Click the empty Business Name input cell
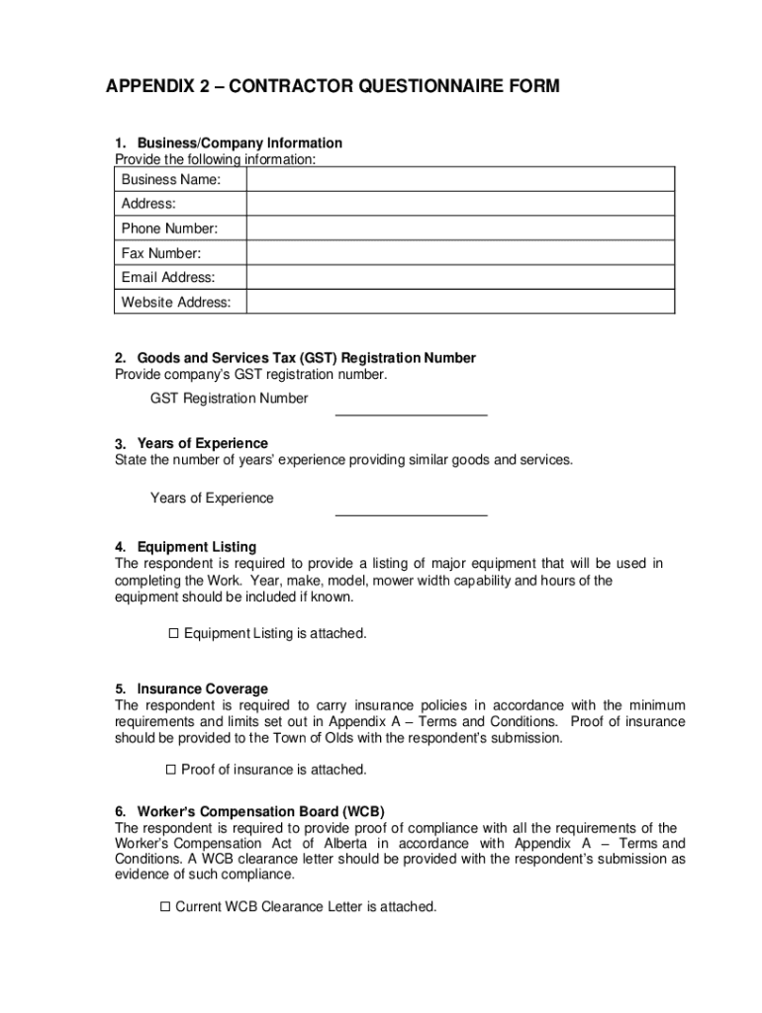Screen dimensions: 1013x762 (x=460, y=179)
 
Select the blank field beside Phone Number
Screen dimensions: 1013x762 (x=460, y=229)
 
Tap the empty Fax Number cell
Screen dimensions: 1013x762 (x=460, y=253)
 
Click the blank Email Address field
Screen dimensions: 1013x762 (x=460, y=278)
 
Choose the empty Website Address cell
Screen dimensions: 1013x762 (x=460, y=302)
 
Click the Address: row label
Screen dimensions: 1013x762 (x=148, y=204)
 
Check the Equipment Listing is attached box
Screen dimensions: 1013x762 (x=172, y=633)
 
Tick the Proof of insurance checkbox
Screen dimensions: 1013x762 (x=170, y=770)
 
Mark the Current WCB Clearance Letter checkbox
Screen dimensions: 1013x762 (x=165, y=906)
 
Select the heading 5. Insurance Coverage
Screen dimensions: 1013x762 (x=191, y=689)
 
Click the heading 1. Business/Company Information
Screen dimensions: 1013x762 (x=229, y=143)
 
